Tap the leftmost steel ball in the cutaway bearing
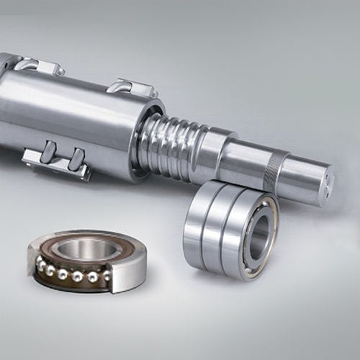(42, 266)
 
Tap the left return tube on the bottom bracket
(48, 153)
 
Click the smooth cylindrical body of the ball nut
(79, 115)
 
